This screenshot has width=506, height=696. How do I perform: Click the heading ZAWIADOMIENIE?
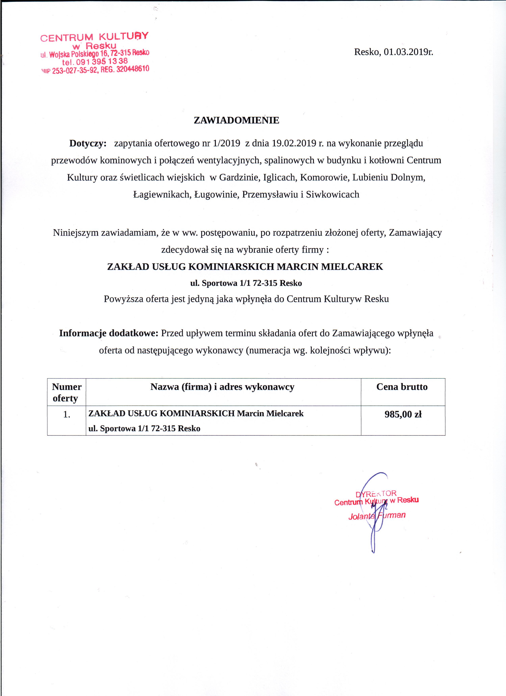[236, 120]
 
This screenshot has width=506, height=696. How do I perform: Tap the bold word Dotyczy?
[88, 143]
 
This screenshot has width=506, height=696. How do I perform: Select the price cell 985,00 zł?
[403, 415]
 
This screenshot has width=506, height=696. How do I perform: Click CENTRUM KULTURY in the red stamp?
[94, 37]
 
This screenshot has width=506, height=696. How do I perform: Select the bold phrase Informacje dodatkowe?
[109, 333]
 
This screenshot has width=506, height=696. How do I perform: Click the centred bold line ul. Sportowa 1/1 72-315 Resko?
[246, 283]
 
